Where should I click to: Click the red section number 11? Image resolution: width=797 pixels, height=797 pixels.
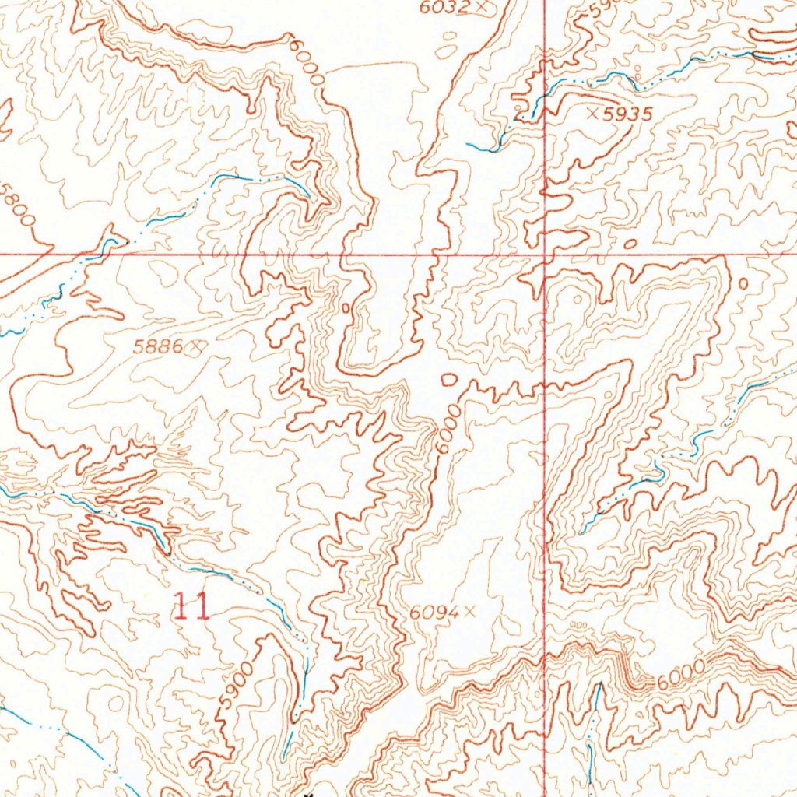(191, 606)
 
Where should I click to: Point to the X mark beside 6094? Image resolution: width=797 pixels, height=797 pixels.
(469, 612)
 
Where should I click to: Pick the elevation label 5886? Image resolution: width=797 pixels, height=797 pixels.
(158, 349)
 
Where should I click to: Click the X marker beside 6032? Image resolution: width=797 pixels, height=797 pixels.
(485, 7)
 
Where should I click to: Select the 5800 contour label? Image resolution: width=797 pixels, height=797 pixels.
(21, 205)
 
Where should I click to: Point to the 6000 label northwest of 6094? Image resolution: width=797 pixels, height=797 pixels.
(446, 429)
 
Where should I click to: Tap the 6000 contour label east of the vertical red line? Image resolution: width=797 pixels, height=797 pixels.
(680, 674)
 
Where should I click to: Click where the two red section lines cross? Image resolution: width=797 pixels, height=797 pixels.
(544, 254)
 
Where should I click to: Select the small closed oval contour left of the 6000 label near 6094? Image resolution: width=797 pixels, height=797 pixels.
(449, 380)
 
